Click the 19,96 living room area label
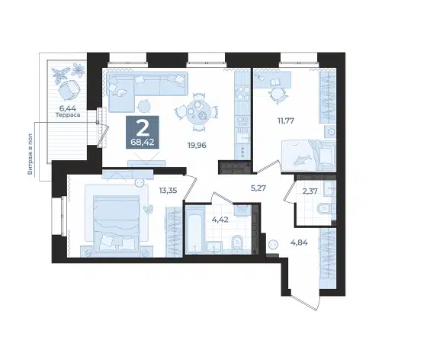(x=197, y=145)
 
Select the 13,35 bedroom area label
(x=168, y=190)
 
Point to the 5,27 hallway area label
(x=258, y=188)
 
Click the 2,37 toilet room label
(x=310, y=191)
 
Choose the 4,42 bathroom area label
(x=220, y=220)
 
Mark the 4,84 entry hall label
(x=299, y=243)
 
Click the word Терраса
(x=68, y=115)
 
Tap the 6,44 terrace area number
(x=67, y=108)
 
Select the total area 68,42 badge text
(x=143, y=142)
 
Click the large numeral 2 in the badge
(x=143, y=128)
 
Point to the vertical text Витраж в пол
(x=30, y=154)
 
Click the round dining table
(x=197, y=111)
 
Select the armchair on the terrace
(x=69, y=89)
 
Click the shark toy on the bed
(x=302, y=159)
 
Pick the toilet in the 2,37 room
(x=326, y=209)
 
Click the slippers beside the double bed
(x=148, y=209)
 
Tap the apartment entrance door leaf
(x=303, y=303)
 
